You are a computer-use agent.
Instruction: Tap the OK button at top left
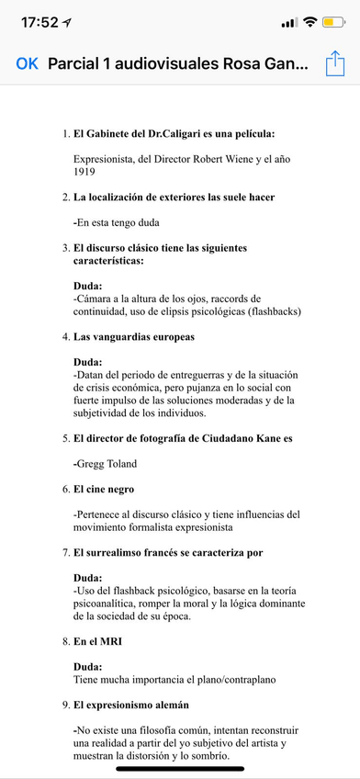(28, 63)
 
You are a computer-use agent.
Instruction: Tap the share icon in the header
(333, 63)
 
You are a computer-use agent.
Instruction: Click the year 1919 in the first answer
(84, 171)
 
